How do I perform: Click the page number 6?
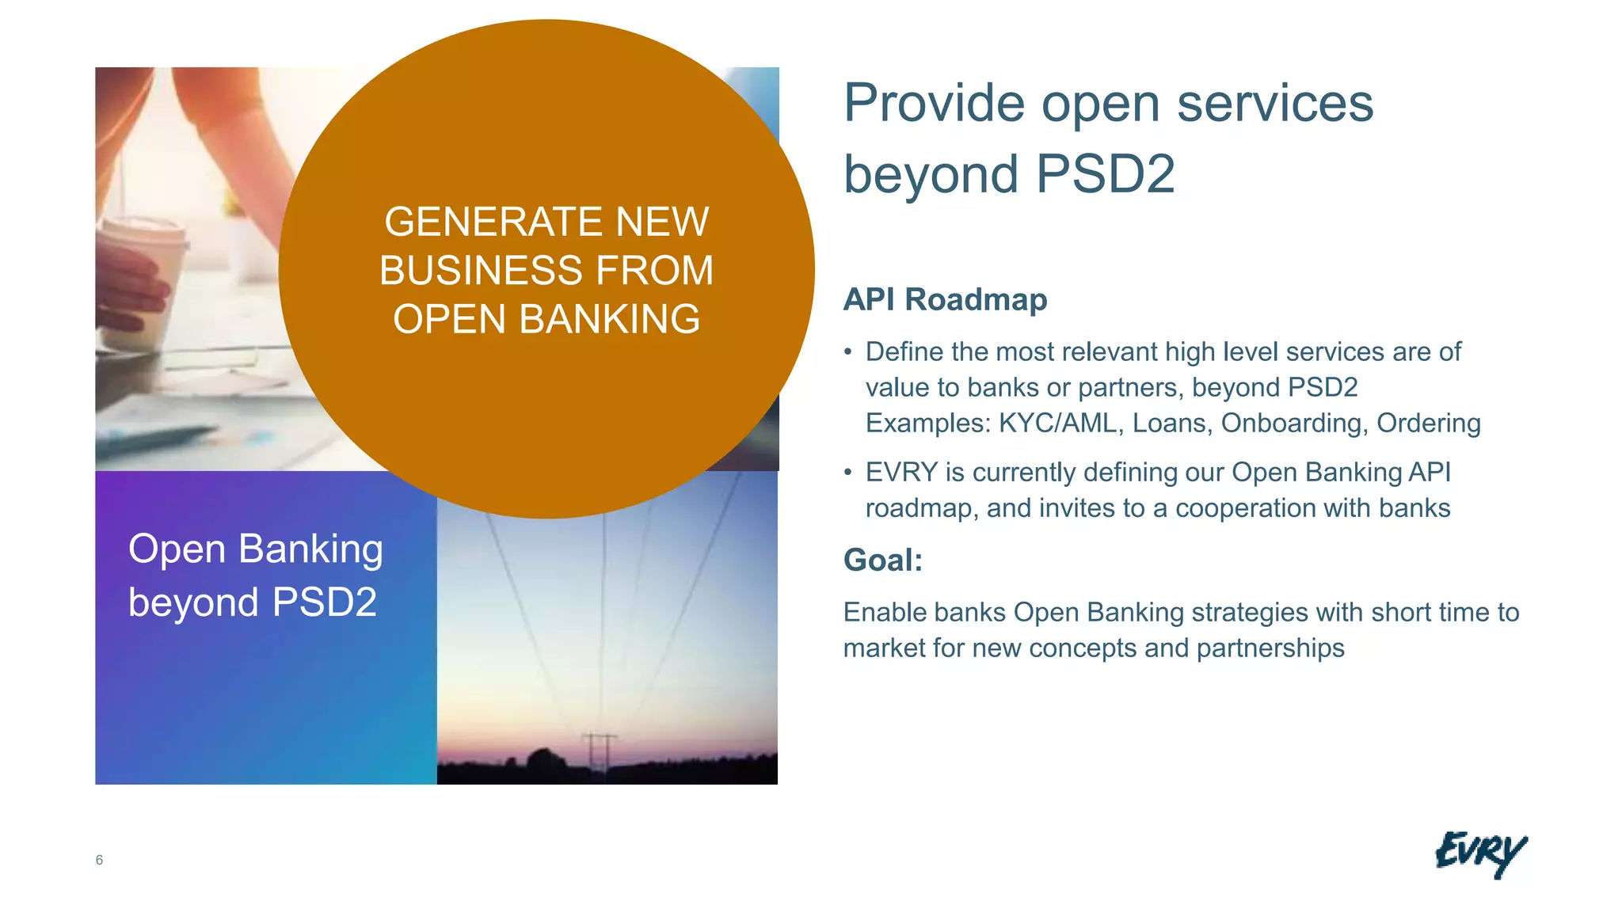[x=99, y=860]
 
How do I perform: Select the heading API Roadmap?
[x=945, y=300]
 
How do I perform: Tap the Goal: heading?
[x=883, y=560]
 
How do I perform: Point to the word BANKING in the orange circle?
[x=609, y=320]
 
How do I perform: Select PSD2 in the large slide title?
[x=1105, y=174]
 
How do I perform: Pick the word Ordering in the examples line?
[x=1428, y=424]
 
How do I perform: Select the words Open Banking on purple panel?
[x=256, y=549]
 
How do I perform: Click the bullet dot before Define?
[x=848, y=352]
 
